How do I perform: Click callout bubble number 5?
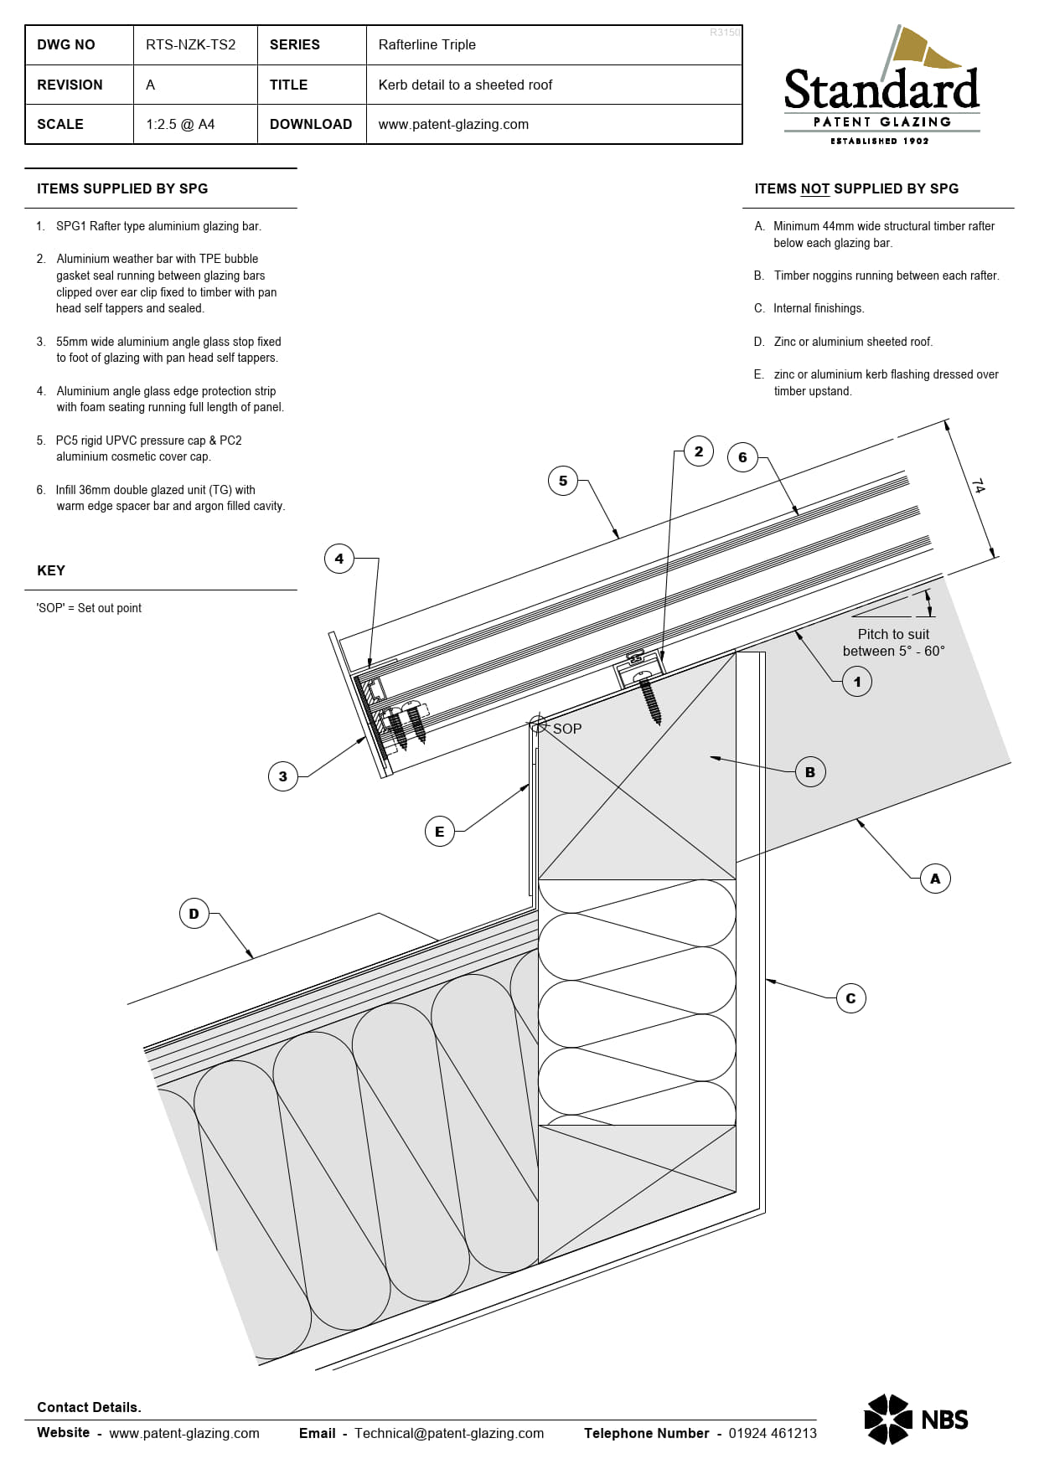pyautogui.click(x=563, y=481)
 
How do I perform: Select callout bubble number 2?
pyautogui.click(x=699, y=451)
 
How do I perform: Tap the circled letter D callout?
pyautogui.click(x=194, y=914)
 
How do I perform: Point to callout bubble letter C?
pyautogui.click(x=850, y=998)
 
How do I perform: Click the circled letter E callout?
pyautogui.click(x=439, y=832)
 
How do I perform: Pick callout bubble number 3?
pyautogui.click(x=282, y=776)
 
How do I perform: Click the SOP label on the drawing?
pyautogui.click(x=566, y=729)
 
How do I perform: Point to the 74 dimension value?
pyautogui.click(x=978, y=486)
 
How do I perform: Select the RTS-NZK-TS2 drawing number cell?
pyautogui.click(x=191, y=45)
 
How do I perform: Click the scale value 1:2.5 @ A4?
pyautogui.click(x=180, y=124)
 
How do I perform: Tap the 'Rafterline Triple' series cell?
pyautogui.click(x=426, y=45)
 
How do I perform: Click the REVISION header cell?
pyautogui.click(x=70, y=85)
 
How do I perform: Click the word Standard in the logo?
pyautogui.click(x=881, y=90)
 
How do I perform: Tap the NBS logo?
pyautogui.click(x=916, y=1420)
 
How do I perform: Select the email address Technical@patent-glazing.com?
pyautogui.click(x=449, y=1433)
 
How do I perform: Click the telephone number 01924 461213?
pyautogui.click(x=772, y=1433)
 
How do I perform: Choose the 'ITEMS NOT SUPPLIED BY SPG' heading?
pyautogui.click(x=856, y=189)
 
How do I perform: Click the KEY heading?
pyautogui.click(x=51, y=570)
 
